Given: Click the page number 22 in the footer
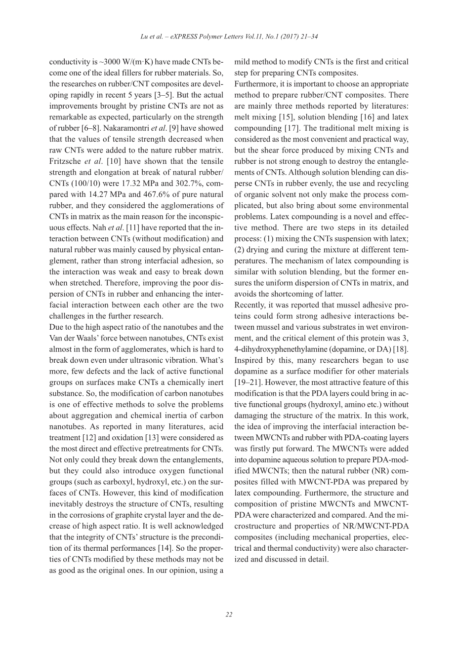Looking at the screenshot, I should (x=229, y=614).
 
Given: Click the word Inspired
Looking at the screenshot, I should (x=249, y=360).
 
